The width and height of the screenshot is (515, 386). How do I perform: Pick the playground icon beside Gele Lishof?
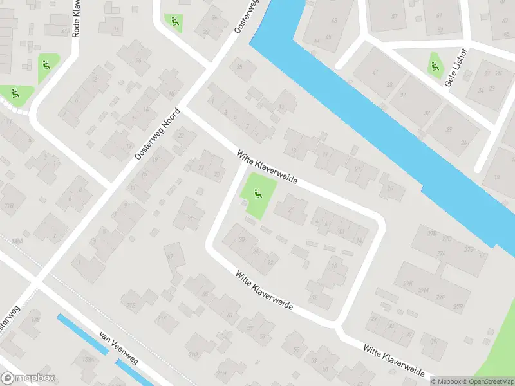(435, 65)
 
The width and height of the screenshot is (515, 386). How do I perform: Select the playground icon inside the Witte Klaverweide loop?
(258, 192)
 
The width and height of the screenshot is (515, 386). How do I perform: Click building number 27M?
(423, 291)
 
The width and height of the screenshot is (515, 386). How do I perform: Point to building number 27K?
(407, 283)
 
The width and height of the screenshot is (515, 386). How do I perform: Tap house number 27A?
(442, 254)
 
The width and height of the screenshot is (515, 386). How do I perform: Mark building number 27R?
(459, 306)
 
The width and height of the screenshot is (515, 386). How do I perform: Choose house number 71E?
(132, 305)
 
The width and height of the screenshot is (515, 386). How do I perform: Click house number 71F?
(163, 318)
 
